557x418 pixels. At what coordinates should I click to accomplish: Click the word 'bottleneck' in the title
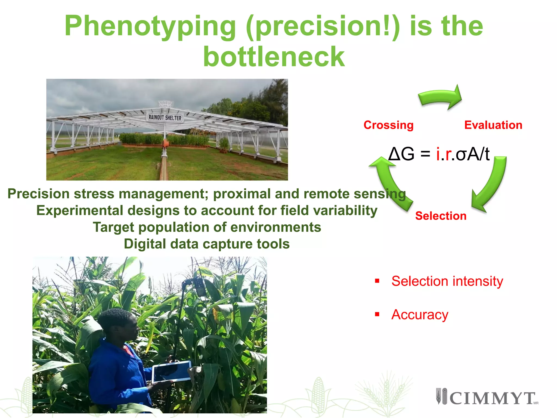click(x=274, y=57)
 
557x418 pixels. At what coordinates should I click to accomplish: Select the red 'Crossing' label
click(x=388, y=125)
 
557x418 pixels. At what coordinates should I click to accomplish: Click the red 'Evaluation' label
click(x=493, y=125)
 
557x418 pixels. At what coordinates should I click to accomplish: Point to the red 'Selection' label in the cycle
click(x=441, y=216)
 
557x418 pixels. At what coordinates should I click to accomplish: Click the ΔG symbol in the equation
click(x=401, y=154)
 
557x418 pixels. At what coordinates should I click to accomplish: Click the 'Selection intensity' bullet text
click(x=447, y=281)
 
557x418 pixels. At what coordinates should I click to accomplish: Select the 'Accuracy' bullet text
click(x=420, y=315)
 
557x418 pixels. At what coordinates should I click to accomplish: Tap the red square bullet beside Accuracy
click(x=377, y=314)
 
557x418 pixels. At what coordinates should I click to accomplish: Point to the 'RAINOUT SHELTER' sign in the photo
click(x=165, y=118)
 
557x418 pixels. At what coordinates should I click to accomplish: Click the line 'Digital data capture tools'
click(x=207, y=244)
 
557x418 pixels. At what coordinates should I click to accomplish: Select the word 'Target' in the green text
click(x=113, y=227)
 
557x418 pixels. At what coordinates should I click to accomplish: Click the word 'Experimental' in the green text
click(x=80, y=211)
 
